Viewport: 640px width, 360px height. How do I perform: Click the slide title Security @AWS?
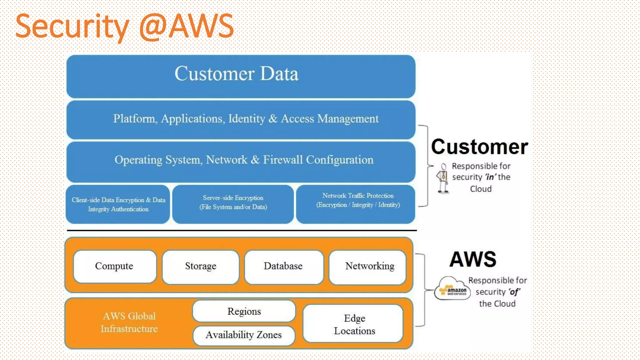tap(124, 26)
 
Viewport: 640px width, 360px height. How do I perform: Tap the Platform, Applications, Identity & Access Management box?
tap(241, 119)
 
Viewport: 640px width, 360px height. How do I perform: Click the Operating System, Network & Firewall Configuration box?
tap(241, 160)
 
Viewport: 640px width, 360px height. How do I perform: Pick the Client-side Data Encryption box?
tap(118, 204)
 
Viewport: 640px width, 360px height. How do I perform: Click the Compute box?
tap(114, 266)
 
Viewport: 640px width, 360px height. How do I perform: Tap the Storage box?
tap(201, 266)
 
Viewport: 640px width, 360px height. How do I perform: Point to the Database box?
tap(283, 266)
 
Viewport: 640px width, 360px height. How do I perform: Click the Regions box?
tap(244, 311)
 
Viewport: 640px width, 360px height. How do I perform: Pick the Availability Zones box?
tap(244, 335)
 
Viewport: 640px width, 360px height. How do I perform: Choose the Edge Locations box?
tap(354, 324)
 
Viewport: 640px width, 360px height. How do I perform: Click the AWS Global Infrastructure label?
tap(129, 322)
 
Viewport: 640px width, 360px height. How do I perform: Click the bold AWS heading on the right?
tap(473, 259)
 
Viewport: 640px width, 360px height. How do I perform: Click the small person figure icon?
tap(443, 178)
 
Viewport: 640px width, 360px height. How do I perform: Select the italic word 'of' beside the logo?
tap(514, 292)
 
